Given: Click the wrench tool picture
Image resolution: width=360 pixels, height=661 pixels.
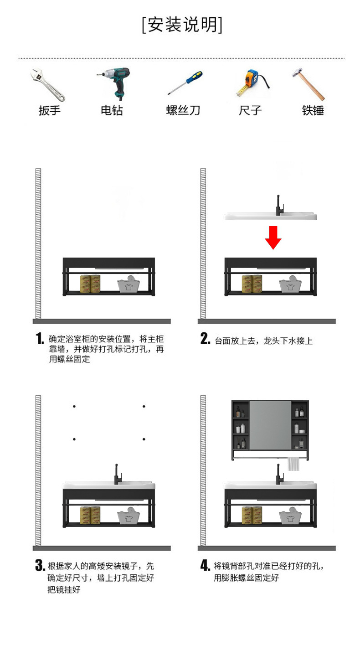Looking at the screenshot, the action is pos(48,85).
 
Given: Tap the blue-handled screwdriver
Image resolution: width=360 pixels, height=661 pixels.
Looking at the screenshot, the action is pos(185,83).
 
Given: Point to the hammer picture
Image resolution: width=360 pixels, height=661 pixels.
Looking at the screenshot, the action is pos(309,85).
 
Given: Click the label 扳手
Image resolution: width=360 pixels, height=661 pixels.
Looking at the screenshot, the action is pos(49,110).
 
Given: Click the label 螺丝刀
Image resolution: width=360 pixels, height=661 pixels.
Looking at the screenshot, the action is pos(183,110).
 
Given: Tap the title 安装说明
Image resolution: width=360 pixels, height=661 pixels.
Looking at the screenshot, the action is pos(182,25).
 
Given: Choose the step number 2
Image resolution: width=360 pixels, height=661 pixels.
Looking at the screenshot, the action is pos(206,339).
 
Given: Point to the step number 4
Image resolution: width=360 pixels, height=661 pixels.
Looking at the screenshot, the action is pos(206,566).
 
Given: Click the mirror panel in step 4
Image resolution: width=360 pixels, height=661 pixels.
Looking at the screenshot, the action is pos(270,424).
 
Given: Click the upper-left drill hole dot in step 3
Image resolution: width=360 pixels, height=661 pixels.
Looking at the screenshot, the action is pos(74,406).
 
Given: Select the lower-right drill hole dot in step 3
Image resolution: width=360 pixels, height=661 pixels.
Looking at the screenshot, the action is pos(144,439).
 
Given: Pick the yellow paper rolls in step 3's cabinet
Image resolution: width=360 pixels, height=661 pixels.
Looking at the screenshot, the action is pos(90,515).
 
